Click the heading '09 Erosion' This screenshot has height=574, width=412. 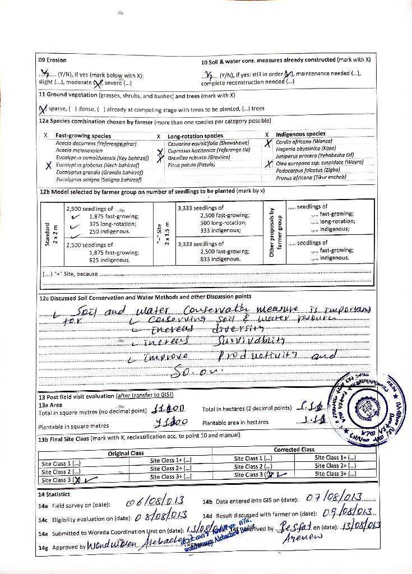tap(52, 60)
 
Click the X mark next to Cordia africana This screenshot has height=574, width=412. tap(268, 143)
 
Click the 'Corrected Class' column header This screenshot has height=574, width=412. tap(294, 450)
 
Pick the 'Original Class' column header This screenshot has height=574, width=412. tap(126, 453)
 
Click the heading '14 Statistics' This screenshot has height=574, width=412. tap(54, 494)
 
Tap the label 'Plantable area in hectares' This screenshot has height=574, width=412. tap(235, 422)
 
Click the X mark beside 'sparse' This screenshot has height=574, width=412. tap(43, 109)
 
